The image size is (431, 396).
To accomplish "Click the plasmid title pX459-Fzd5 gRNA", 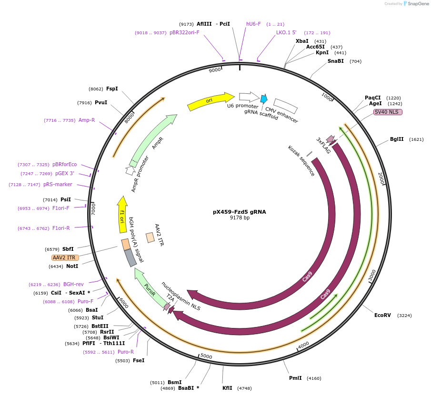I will pos(239,212).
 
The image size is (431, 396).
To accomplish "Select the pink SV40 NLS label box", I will pos(388,112).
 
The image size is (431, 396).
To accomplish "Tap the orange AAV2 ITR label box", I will pos(65,257).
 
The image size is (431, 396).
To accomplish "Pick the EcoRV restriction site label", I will pos(382,315).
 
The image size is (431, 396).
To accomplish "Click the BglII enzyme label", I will pos(397,139).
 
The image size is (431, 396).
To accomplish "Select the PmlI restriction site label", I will pos(295,378).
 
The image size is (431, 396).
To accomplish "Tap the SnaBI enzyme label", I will pos(335,61).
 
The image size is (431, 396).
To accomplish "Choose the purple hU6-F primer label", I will pos(253,24).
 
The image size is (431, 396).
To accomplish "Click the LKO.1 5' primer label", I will pos(286,33).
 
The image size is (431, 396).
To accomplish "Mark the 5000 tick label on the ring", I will pos(206,356).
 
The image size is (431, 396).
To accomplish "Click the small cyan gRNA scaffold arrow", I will pos(263,99).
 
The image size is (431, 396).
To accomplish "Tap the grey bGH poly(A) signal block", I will pos(130,257).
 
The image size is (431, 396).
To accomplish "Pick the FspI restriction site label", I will pos(112,89).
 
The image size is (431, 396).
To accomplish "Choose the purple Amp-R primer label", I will pos(87,120).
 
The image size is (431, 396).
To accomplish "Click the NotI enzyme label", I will pos(72,266).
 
